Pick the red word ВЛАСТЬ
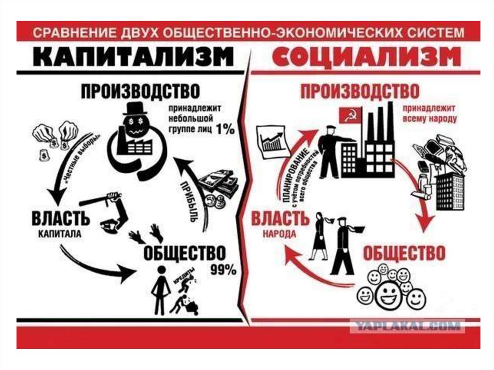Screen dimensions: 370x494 click(280, 219)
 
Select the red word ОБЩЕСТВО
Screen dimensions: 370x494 click(403, 252)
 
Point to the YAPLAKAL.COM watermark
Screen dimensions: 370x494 click(408, 326)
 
